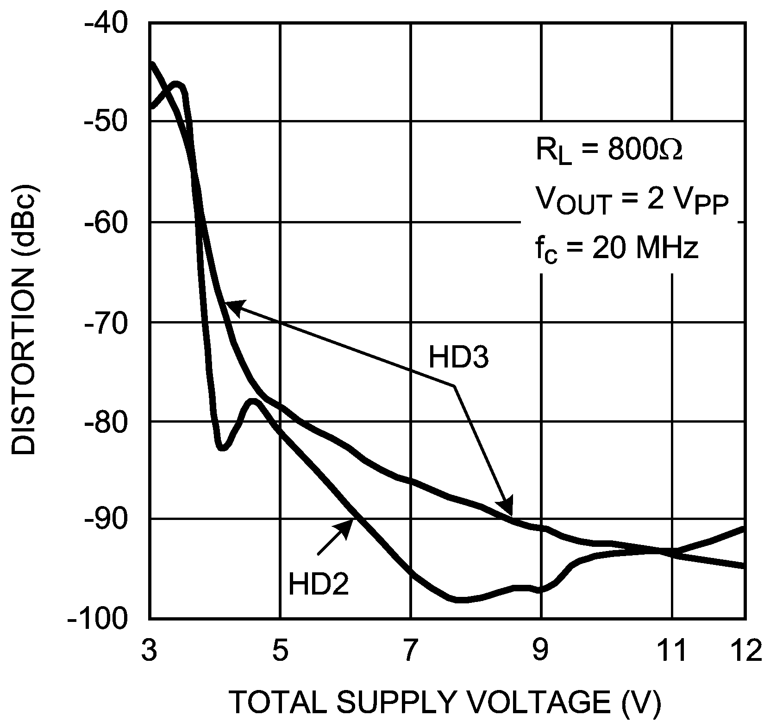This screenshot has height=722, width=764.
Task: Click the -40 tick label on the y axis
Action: coord(107,23)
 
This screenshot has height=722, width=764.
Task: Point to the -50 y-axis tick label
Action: coord(107,122)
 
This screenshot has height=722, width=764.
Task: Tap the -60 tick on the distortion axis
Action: coord(107,222)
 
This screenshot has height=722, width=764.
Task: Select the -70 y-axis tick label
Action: coord(107,323)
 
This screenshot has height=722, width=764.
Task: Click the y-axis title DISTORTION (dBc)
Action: coord(24,320)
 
